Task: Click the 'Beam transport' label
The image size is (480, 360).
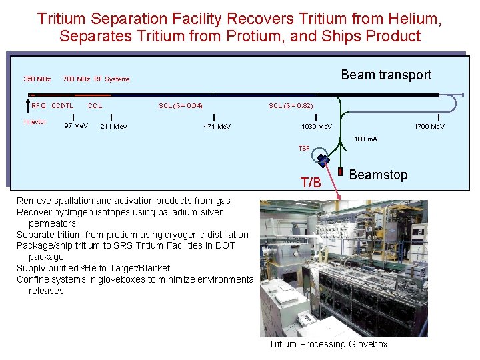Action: click(386, 75)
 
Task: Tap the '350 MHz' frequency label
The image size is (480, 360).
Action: click(37, 79)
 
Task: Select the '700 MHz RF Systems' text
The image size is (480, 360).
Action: click(96, 79)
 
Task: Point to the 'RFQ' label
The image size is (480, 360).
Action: click(39, 105)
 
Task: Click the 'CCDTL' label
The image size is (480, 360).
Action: click(63, 105)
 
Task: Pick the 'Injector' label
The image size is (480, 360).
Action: click(35, 122)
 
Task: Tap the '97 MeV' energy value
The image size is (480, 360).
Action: click(76, 126)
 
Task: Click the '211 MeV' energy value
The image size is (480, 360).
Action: click(114, 126)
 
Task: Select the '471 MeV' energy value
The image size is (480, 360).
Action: click(217, 126)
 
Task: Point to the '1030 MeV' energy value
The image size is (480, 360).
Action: click(317, 126)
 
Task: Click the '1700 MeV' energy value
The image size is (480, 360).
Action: click(429, 126)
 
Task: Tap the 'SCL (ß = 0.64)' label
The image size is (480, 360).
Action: click(181, 105)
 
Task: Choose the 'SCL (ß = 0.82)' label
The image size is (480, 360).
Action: click(291, 105)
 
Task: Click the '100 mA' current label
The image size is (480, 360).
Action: click(365, 139)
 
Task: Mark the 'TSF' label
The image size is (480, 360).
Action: click(304, 148)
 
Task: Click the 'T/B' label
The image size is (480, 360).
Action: click(311, 183)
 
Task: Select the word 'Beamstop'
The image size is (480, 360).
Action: click(378, 175)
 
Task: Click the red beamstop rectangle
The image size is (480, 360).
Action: click(340, 172)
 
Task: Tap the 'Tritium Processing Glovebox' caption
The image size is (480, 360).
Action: click(328, 344)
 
